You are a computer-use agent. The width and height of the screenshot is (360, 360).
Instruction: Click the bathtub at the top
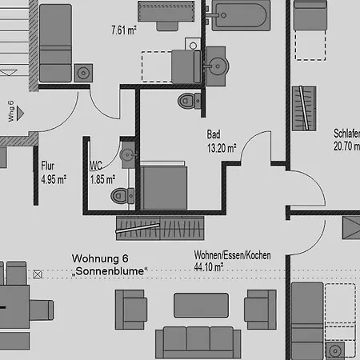click(241, 15)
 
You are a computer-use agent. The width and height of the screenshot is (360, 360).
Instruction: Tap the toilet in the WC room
click(122, 196)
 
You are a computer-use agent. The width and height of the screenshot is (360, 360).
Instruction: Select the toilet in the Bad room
click(190, 101)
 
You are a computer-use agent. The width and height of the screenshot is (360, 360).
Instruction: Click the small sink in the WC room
click(129, 154)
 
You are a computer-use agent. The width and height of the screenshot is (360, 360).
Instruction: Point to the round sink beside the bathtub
click(217, 66)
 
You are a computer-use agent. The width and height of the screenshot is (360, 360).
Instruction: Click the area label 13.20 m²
click(222, 148)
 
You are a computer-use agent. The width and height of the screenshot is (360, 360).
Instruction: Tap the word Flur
click(47, 166)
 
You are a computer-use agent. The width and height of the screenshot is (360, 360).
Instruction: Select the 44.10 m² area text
click(209, 267)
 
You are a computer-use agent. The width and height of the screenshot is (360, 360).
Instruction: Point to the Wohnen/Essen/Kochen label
click(232, 255)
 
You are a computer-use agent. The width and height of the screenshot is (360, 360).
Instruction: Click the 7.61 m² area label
click(124, 30)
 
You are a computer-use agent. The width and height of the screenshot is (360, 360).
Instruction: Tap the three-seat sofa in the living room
click(198, 342)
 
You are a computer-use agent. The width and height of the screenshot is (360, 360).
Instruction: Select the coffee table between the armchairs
click(201, 306)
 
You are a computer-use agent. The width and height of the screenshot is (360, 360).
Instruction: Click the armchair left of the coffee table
click(131, 310)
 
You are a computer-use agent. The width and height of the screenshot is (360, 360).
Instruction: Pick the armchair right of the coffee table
click(260, 310)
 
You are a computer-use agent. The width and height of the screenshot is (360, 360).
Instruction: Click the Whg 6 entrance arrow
click(20, 114)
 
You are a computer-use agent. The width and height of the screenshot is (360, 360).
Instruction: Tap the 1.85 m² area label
click(102, 180)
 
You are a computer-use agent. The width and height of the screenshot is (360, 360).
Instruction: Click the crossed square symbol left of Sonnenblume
click(38, 274)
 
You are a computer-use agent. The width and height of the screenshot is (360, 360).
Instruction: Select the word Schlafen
click(346, 134)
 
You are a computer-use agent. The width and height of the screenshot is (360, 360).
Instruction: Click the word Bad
click(214, 134)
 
